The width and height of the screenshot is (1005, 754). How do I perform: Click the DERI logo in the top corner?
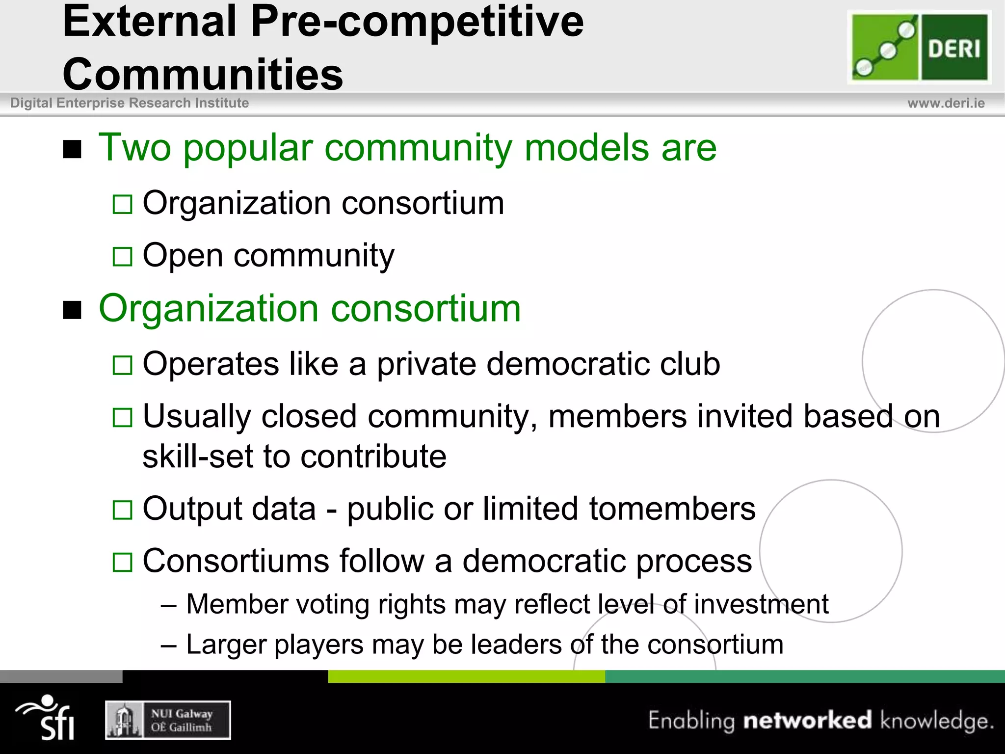[x=919, y=47]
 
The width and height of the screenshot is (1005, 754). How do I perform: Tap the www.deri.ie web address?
[x=946, y=103]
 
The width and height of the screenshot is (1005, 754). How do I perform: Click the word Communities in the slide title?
[x=203, y=74]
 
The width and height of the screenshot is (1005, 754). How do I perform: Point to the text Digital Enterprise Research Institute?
[x=130, y=103]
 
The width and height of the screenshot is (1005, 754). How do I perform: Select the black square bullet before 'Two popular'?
[x=72, y=149]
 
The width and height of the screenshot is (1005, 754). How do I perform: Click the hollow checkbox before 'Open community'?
[x=122, y=256]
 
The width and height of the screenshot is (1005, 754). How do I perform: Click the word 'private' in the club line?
[x=425, y=364]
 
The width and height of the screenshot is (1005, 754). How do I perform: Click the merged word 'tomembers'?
[x=672, y=509]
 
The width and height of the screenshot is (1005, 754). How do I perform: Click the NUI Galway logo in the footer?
[x=168, y=720]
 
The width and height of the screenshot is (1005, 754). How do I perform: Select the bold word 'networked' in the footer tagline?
[x=807, y=720]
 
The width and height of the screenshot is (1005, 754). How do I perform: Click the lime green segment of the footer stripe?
[x=466, y=676]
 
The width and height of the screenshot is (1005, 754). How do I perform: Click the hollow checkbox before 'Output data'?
[x=122, y=510]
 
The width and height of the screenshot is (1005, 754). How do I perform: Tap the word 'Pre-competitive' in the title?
[x=417, y=22]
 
